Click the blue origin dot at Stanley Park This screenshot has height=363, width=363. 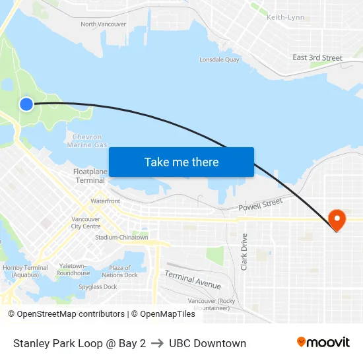[x=26, y=104]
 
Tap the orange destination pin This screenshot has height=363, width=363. [x=337, y=220]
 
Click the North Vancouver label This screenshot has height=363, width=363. [x=103, y=24]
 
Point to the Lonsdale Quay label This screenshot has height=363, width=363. [x=219, y=59]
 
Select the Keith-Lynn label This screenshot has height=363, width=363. [x=285, y=17]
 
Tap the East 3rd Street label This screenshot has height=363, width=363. [x=317, y=57]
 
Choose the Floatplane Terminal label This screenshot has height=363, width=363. [x=90, y=176]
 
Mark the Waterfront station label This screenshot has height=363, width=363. [x=106, y=201]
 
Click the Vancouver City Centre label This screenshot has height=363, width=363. [x=86, y=222]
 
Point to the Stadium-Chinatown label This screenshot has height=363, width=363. [x=121, y=238]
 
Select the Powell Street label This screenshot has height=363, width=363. [x=260, y=205]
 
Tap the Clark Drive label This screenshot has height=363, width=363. [x=244, y=251]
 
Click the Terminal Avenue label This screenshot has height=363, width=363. [x=193, y=279]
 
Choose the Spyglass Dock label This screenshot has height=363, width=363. [x=98, y=287]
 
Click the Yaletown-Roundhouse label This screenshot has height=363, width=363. [x=73, y=269]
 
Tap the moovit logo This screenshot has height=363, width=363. [x=323, y=343]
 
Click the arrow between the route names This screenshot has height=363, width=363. [x=157, y=343]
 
